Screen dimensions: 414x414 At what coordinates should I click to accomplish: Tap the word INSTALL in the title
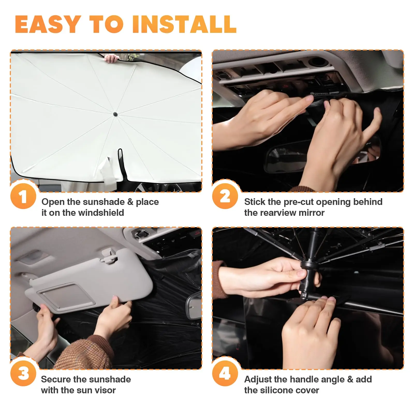(184, 24)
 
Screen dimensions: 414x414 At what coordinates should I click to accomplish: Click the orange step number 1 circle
(23, 196)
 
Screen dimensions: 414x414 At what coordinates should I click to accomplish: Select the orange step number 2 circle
(225, 196)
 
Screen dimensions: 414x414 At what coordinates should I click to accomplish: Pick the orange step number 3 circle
(23, 373)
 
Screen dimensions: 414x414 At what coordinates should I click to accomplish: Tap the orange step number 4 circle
(225, 373)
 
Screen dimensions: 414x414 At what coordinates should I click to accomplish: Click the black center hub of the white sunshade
(115, 114)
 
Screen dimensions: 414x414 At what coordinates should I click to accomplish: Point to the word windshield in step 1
(101, 213)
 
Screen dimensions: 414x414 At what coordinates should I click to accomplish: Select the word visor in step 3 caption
(105, 390)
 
